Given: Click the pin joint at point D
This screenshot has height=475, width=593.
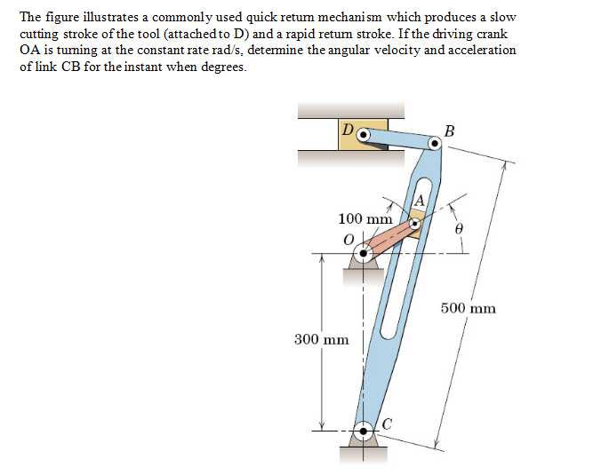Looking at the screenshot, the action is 363,134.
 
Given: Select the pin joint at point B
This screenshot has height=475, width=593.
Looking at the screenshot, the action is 435,144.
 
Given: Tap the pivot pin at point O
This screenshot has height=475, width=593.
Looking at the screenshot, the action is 363,253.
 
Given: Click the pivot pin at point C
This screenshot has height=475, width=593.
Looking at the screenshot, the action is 363,431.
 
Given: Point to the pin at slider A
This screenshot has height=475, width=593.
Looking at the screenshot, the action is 415,224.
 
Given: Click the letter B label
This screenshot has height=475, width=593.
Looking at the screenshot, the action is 449,131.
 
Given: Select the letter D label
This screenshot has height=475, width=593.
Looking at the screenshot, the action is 348,130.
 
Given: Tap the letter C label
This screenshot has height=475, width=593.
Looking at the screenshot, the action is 387,424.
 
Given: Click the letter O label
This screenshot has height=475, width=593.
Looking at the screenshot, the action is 349,240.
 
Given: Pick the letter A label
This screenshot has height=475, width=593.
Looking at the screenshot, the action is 419,200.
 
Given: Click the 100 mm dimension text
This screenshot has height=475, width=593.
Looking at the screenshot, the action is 365,218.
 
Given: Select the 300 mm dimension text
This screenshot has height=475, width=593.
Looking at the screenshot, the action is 322,339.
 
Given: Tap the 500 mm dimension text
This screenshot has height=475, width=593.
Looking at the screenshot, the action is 469,308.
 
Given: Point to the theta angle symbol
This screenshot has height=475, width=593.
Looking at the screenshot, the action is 459,229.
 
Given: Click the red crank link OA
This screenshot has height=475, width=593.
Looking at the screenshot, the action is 389,239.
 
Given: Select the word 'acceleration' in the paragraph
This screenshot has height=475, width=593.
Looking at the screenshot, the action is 482,51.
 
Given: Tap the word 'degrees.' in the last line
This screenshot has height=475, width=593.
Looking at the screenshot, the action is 223,67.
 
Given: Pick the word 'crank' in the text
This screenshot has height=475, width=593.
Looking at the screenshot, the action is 492,34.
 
